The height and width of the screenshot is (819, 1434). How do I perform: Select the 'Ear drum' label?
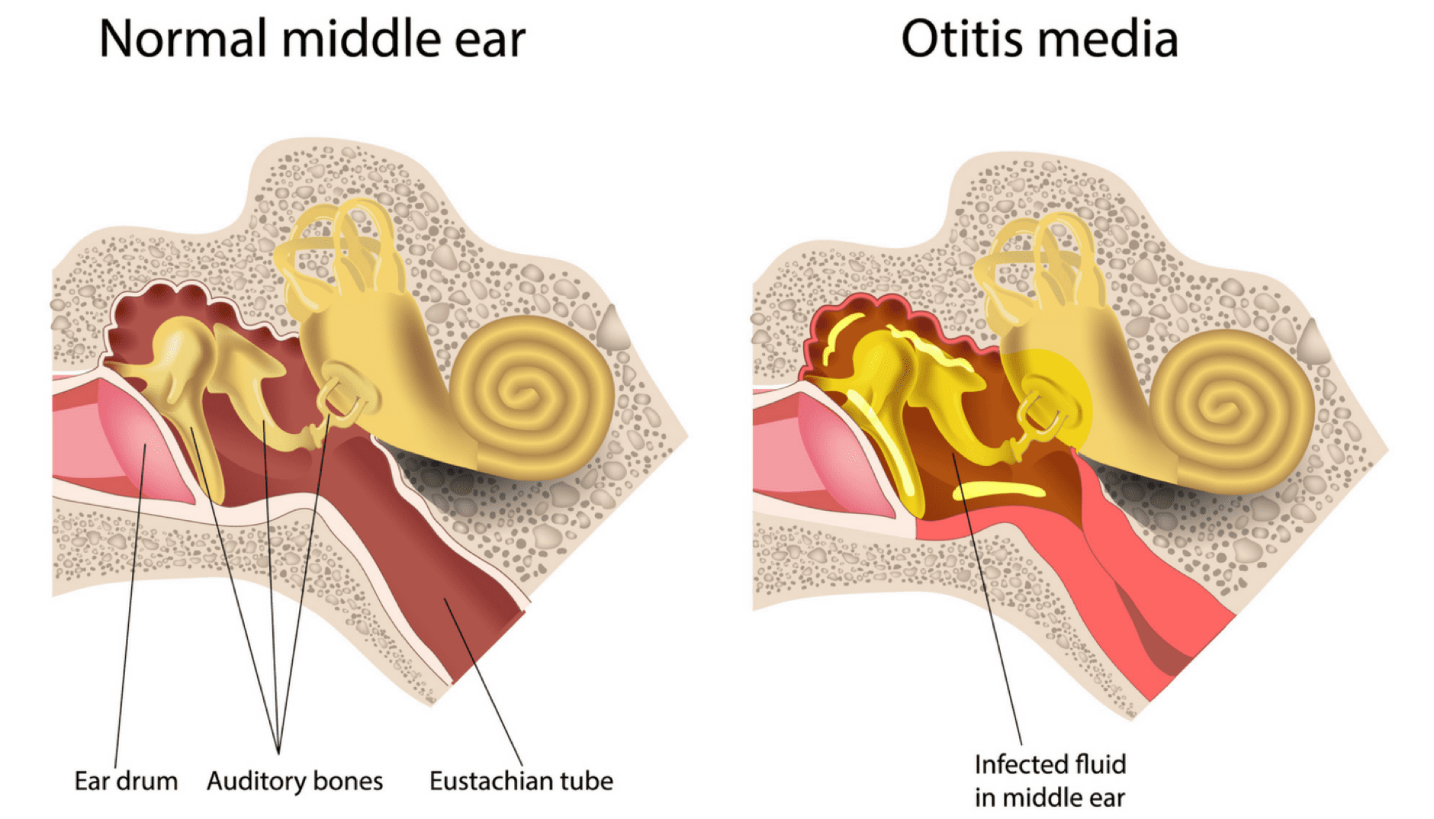coord(126,781)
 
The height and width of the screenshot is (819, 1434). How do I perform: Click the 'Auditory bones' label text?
coord(295,781)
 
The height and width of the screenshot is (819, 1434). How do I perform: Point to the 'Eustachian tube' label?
coord(522,781)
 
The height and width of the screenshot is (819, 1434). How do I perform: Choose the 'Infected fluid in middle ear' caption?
coord(1050,781)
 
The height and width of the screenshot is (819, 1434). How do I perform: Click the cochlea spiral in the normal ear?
coord(534,397)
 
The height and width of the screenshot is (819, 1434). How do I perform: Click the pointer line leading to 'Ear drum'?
coord(130,606)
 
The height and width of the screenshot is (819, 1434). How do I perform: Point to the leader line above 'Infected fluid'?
coord(987,599)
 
